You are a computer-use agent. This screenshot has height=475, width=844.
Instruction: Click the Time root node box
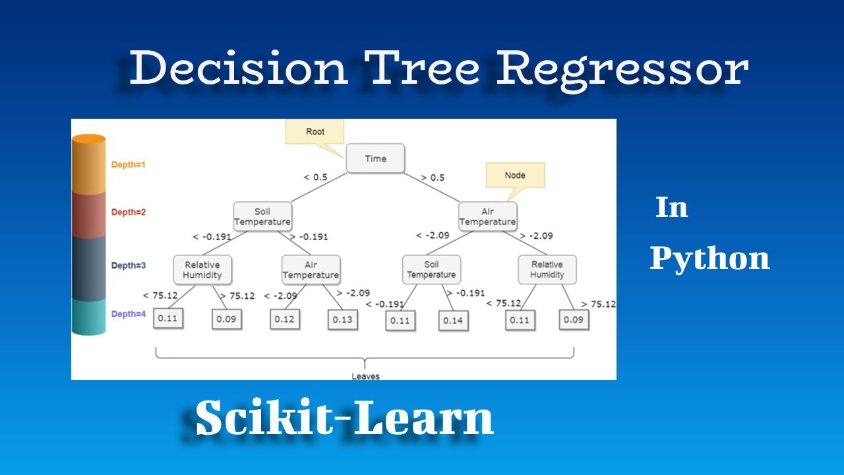[375, 158]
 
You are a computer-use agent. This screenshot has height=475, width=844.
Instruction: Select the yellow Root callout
[315, 131]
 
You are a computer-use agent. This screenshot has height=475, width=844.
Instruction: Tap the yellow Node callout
[515, 175]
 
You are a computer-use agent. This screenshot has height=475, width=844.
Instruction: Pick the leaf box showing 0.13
[342, 320]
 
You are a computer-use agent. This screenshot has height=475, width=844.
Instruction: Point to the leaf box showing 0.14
[453, 320]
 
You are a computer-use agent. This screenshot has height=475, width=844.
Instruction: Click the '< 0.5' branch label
[315, 177]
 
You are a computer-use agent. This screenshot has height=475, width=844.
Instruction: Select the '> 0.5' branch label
[433, 177]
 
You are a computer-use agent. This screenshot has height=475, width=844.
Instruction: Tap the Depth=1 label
[128, 164]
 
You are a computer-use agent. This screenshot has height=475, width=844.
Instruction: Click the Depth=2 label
[128, 212]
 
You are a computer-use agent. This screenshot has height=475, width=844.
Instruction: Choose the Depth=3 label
[128, 265]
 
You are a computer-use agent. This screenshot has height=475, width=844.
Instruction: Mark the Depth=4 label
[128, 314]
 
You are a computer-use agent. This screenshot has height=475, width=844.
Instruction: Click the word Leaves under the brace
[365, 376]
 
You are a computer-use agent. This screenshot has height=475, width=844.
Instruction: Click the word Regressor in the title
[622, 69]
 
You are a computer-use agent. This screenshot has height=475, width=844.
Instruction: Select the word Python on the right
[709, 259]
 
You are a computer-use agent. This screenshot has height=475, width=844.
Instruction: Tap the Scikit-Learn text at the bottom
[344, 418]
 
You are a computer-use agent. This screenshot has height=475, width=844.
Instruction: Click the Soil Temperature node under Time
[262, 216]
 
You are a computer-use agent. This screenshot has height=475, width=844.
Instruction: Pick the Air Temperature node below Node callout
[487, 216]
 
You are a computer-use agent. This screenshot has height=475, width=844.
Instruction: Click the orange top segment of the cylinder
[89, 165]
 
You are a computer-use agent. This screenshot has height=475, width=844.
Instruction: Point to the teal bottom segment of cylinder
[89, 317]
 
